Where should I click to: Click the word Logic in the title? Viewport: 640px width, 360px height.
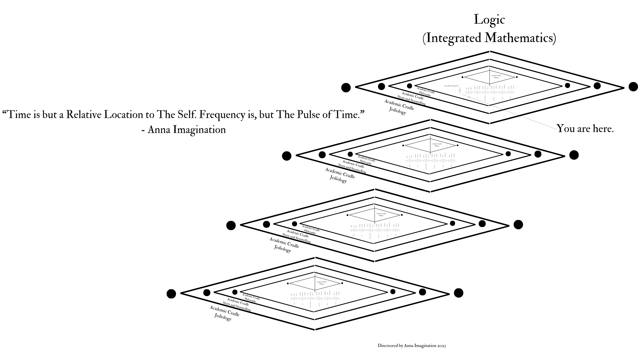pos(489,20)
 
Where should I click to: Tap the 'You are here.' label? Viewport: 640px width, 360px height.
pos(585,129)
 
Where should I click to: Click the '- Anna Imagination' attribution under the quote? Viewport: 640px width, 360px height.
pos(183,130)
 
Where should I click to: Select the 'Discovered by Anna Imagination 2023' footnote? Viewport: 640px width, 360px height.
pos(412,346)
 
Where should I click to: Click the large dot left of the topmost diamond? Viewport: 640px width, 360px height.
pos(346,88)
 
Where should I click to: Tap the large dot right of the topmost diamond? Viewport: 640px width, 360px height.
pos(633,87)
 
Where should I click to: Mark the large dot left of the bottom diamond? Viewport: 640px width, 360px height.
pos(171,294)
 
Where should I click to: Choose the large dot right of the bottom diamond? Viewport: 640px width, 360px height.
pos(459,293)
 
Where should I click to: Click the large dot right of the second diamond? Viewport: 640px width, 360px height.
pos(574,155)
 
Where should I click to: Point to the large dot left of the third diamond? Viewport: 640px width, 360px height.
pos(231,226)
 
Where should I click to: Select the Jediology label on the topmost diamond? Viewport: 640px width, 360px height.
pos(397,111)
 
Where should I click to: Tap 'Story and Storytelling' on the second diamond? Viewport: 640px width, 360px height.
pos(352,169)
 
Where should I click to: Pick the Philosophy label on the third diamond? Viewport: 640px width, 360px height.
pos(310,232)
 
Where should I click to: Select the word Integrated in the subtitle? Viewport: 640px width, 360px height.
pos(454,38)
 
